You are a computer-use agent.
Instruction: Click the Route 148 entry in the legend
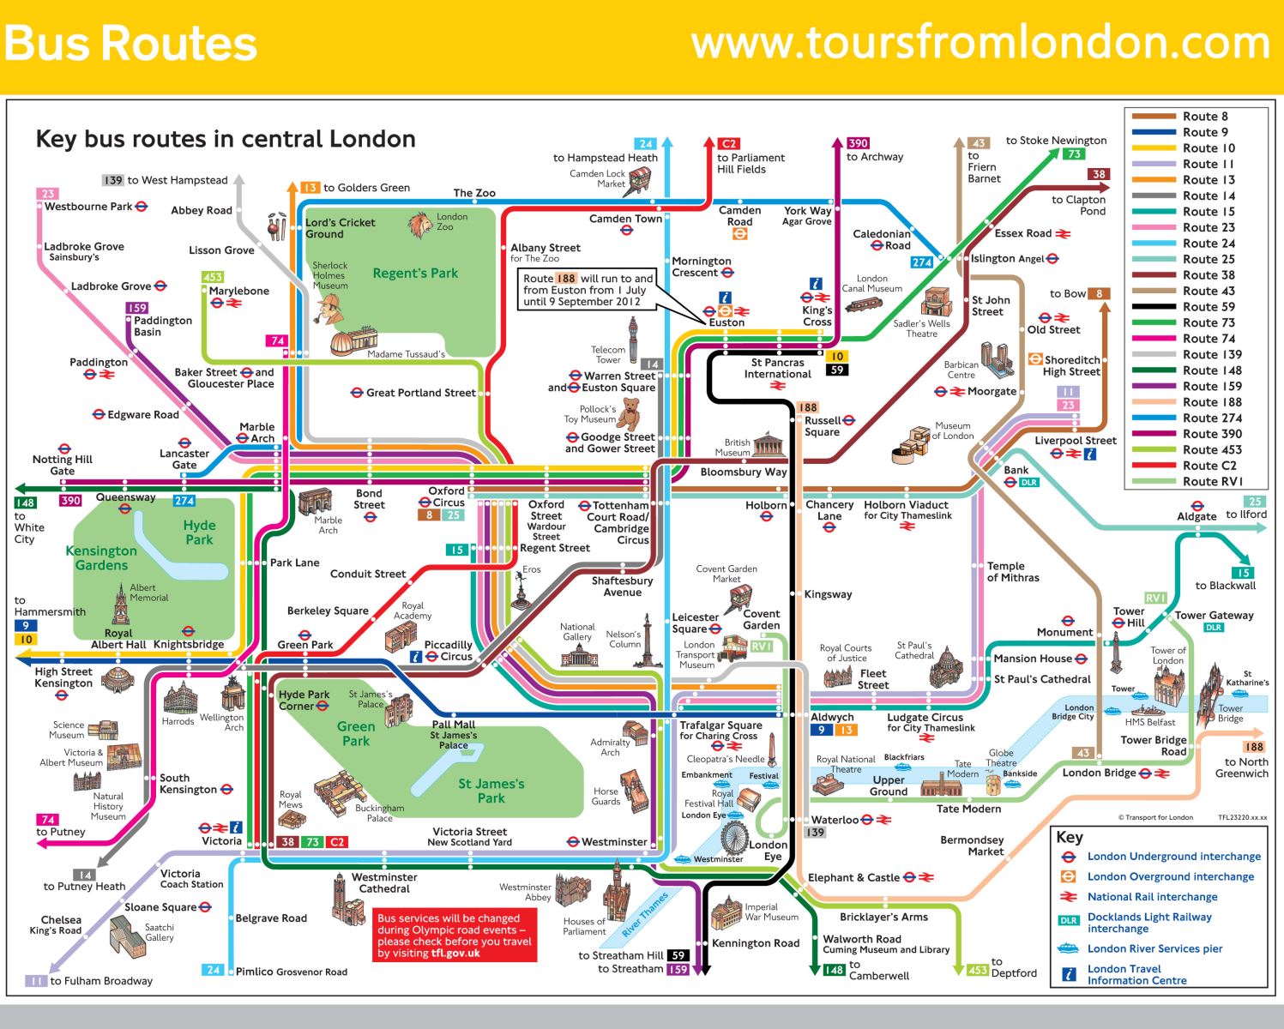(x=1211, y=370)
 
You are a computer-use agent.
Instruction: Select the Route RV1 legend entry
(x=1211, y=482)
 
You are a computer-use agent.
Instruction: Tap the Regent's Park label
(x=415, y=274)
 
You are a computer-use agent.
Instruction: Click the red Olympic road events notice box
(x=454, y=936)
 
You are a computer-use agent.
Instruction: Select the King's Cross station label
(x=817, y=316)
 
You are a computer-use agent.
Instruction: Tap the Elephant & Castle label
(x=853, y=877)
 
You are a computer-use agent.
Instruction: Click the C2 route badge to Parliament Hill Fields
(x=728, y=144)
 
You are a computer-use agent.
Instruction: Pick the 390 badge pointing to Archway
(x=858, y=143)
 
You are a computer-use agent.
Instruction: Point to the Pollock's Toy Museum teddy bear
(x=631, y=413)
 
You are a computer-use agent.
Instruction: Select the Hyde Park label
(x=199, y=533)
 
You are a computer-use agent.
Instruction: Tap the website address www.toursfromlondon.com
(x=980, y=43)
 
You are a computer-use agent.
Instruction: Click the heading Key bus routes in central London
(x=226, y=139)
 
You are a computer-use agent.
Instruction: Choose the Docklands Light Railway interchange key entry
(x=1149, y=923)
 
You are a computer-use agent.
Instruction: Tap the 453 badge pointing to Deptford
(x=977, y=970)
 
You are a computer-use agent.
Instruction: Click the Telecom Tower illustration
(x=634, y=341)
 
